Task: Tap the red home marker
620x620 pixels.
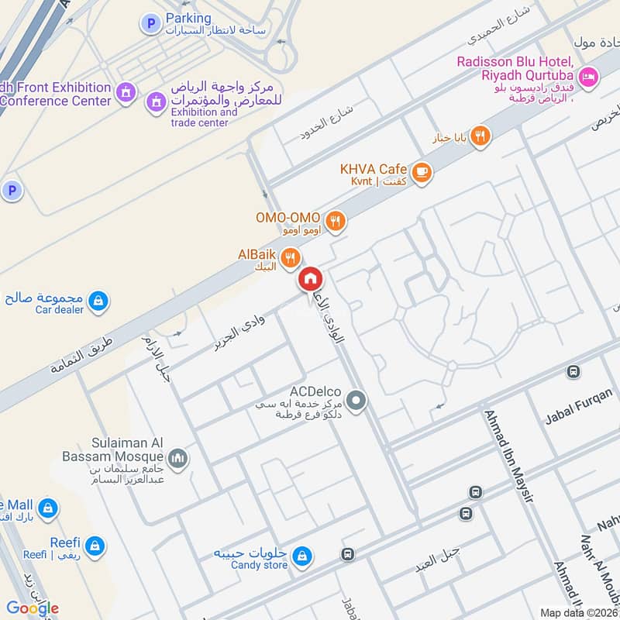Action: (310, 279)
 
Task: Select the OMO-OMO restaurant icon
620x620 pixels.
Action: (335, 221)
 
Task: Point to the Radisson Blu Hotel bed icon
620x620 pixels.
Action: (589, 77)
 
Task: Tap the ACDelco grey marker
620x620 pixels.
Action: (356, 401)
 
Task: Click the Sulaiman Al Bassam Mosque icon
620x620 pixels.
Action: (178, 460)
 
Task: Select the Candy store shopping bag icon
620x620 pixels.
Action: (302, 556)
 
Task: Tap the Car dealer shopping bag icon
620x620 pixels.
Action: (98, 301)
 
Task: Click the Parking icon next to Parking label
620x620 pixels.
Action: (150, 24)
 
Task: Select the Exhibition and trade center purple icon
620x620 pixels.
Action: (156, 102)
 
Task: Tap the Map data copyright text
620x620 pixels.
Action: (579, 612)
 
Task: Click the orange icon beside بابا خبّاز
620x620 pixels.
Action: (480, 136)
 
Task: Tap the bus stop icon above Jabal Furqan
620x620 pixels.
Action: (573, 373)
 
